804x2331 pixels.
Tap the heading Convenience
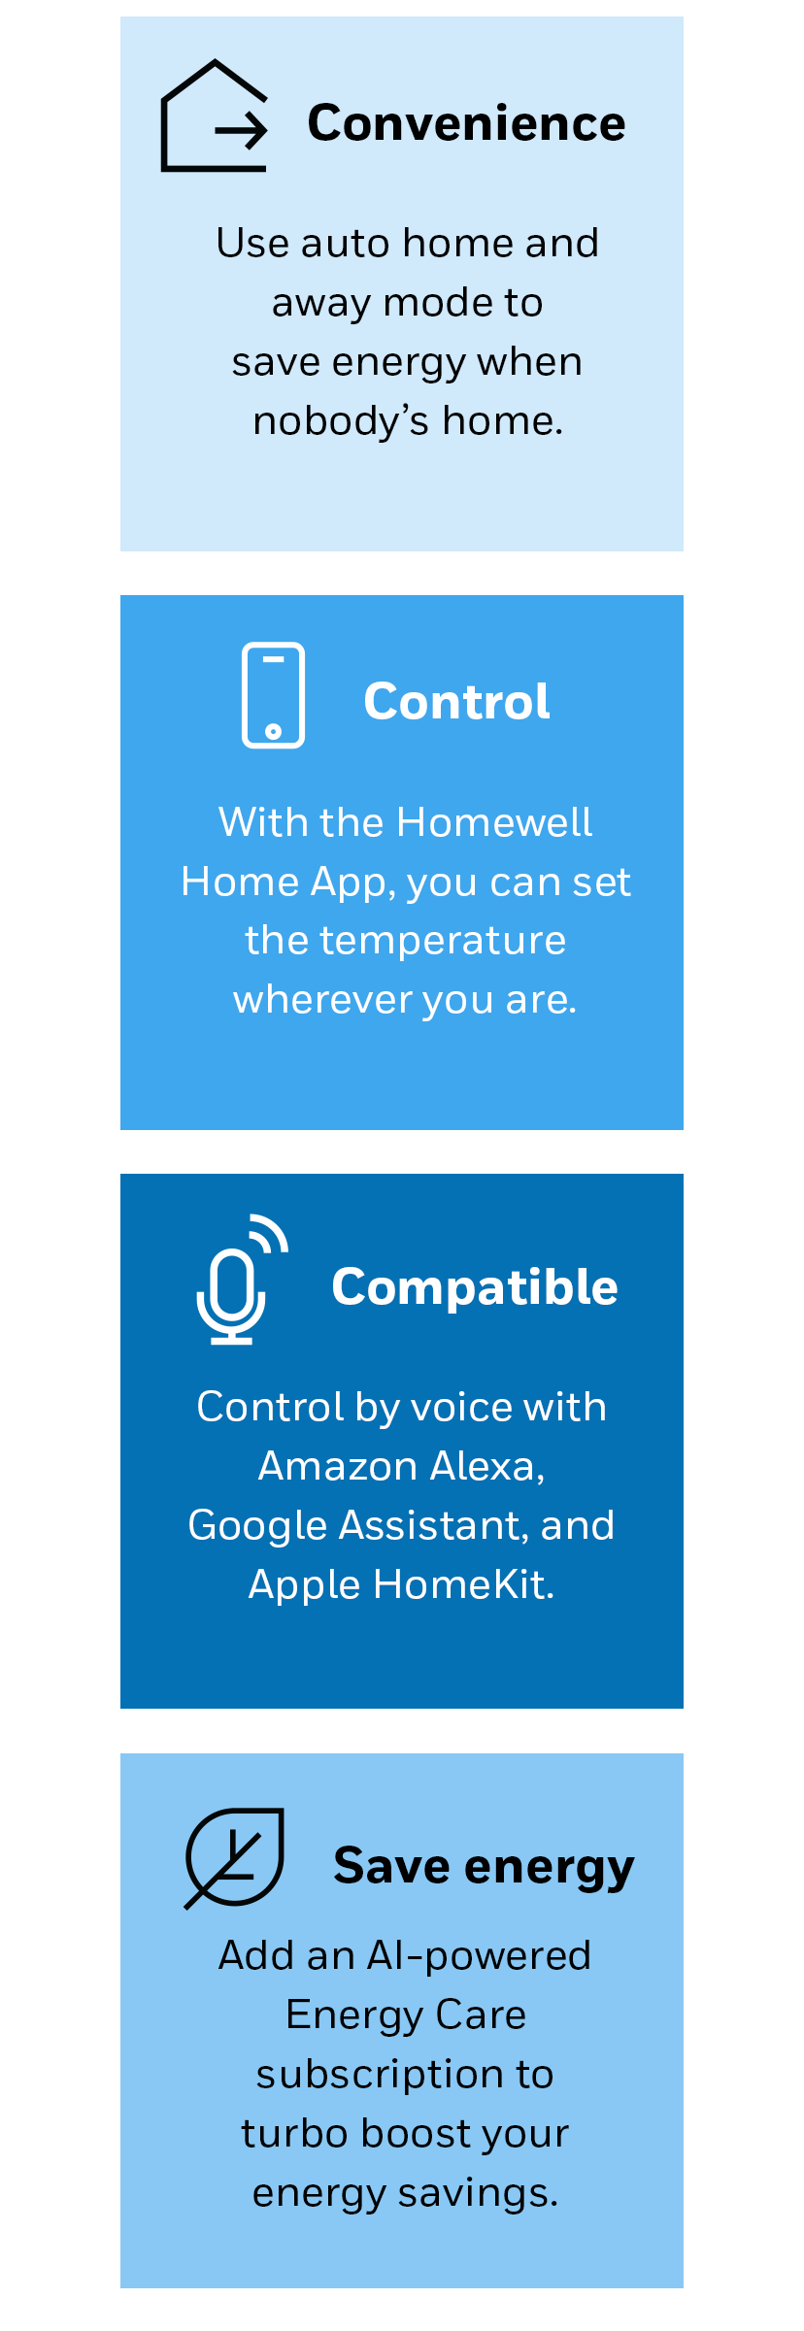466,123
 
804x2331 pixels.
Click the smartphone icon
273,695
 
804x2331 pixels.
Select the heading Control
456,701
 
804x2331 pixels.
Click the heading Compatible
475,1288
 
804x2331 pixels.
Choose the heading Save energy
484,1866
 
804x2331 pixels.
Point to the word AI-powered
480,1956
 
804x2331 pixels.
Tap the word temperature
443,942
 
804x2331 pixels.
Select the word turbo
295,2134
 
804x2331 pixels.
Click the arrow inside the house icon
241,129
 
